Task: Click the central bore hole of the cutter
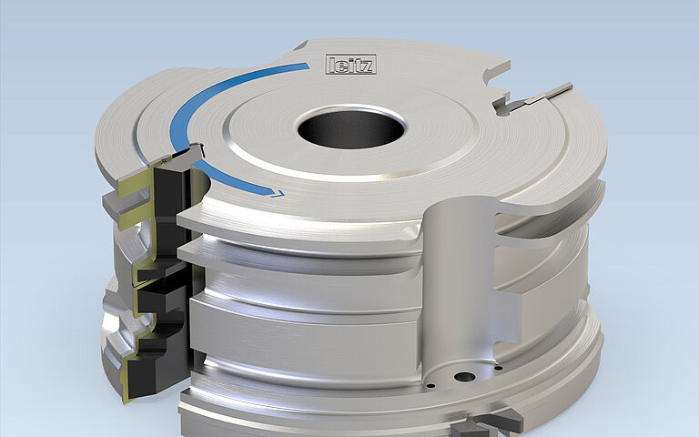350,127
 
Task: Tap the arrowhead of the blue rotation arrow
275,191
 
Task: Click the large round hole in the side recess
465,375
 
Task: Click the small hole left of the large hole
429,385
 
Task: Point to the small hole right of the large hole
499,369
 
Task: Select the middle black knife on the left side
164,291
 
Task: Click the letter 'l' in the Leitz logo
332,65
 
